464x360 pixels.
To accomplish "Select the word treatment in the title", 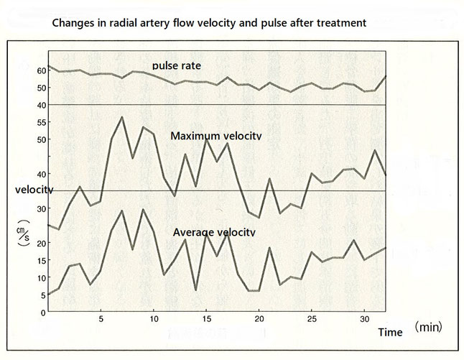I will pos(340,22).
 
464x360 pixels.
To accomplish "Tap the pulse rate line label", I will pos(176,65).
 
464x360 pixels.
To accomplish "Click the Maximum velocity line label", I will pos(215,136).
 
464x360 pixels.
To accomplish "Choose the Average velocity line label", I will pos(214,232).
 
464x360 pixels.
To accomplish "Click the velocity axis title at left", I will pos(34,190).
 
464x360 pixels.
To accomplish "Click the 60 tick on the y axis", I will pos(40,70).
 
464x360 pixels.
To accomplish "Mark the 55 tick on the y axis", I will pos(40,123).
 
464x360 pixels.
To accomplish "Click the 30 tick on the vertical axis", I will pos(40,208).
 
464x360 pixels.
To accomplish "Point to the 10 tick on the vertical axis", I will pos(40,277).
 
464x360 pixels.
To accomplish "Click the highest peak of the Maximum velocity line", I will pos(122,116).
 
